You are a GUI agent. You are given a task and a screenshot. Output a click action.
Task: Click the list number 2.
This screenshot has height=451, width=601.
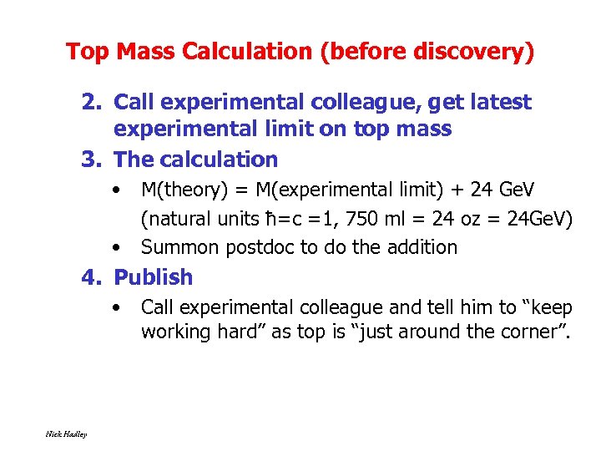click(91, 103)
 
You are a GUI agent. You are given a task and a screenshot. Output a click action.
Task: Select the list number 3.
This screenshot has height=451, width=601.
click(91, 159)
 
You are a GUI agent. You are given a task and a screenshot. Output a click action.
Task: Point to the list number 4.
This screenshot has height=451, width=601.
click(91, 277)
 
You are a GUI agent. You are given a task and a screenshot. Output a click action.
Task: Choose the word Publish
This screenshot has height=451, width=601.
click(153, 277)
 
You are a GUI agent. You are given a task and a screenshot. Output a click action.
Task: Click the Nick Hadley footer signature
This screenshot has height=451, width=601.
click(66, 433)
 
